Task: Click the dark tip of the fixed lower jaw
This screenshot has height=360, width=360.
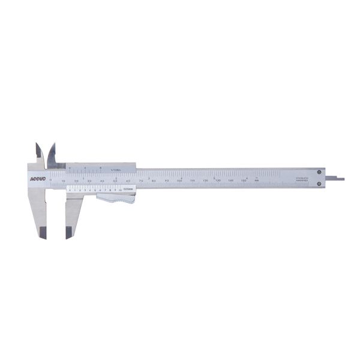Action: coord(43,233)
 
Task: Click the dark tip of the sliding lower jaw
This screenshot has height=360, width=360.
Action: coord(69,233)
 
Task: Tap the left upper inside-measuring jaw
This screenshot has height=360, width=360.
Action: coord(38,150)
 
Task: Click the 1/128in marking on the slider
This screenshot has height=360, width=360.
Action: coord(115,170)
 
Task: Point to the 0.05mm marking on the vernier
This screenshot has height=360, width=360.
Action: coord(128,190)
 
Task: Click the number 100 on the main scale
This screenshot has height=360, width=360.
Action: coord(179,180)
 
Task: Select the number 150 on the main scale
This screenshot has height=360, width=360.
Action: coord(244,180)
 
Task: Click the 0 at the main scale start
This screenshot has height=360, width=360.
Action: coord(50,180)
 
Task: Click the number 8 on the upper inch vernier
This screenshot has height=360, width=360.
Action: coord(100,168)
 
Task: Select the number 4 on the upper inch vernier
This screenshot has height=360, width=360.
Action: coord(85,168)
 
